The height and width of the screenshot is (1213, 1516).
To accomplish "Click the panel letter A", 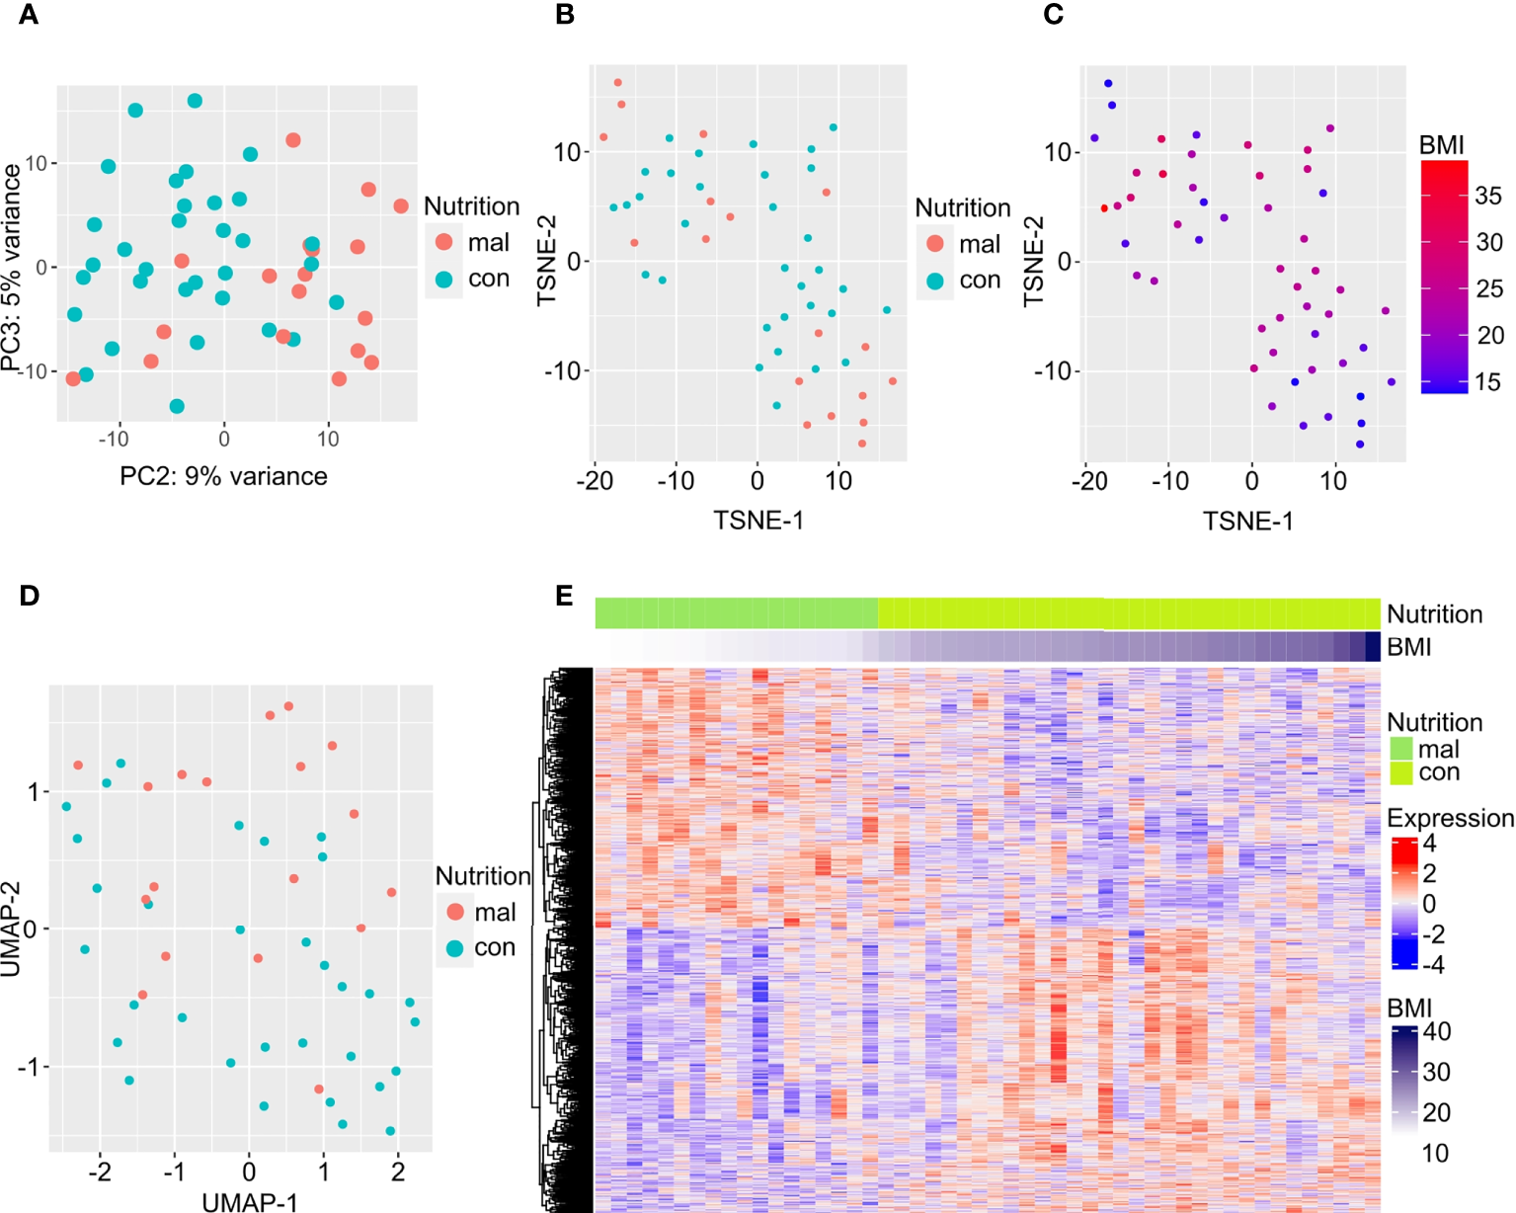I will [x=29, y=16].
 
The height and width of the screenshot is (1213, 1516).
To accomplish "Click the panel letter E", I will [x=564, y=596].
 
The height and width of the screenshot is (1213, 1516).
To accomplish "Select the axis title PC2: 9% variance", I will [x=223, y=476].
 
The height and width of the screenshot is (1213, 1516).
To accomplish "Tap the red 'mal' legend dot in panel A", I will [x=444, y=242].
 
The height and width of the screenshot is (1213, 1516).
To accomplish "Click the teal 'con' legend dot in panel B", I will [x=935, y=281].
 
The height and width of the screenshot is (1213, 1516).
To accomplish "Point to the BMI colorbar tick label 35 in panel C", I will [x=1488, y=196].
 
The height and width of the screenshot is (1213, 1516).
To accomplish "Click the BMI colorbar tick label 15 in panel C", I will [x=1488, y=382].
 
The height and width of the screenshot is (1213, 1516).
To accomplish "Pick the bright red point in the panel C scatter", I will [x=1104, y=208].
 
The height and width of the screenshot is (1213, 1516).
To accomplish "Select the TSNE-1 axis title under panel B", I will [x=758, y=521].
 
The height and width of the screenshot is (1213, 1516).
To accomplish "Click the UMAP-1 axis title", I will [x=249, y=1201].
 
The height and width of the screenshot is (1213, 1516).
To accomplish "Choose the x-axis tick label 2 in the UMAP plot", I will [x=398, y=1173].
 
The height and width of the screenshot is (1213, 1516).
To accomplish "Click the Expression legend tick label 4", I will [x=1429, y=845].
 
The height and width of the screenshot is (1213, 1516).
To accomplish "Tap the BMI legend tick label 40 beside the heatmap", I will [x=1436, y=1032].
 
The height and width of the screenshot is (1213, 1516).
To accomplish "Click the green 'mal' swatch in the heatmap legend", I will [x=1401, y=749].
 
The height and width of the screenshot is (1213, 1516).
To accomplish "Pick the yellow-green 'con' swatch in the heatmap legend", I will [x=1401, y=772].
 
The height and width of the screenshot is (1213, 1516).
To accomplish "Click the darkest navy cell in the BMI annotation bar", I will [x=1373, y=647].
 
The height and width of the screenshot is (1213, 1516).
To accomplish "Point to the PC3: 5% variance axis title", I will [x=12, y=267].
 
